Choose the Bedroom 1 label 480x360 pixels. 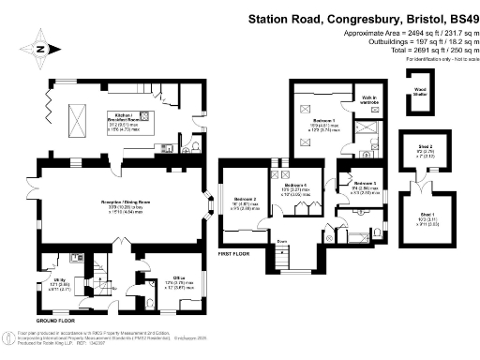point(323,122)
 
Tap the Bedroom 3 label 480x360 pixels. point(365,183)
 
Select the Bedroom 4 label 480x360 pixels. point(296,186)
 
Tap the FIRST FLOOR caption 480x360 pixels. point(235,253)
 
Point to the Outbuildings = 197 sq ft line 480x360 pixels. point(412,40)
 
